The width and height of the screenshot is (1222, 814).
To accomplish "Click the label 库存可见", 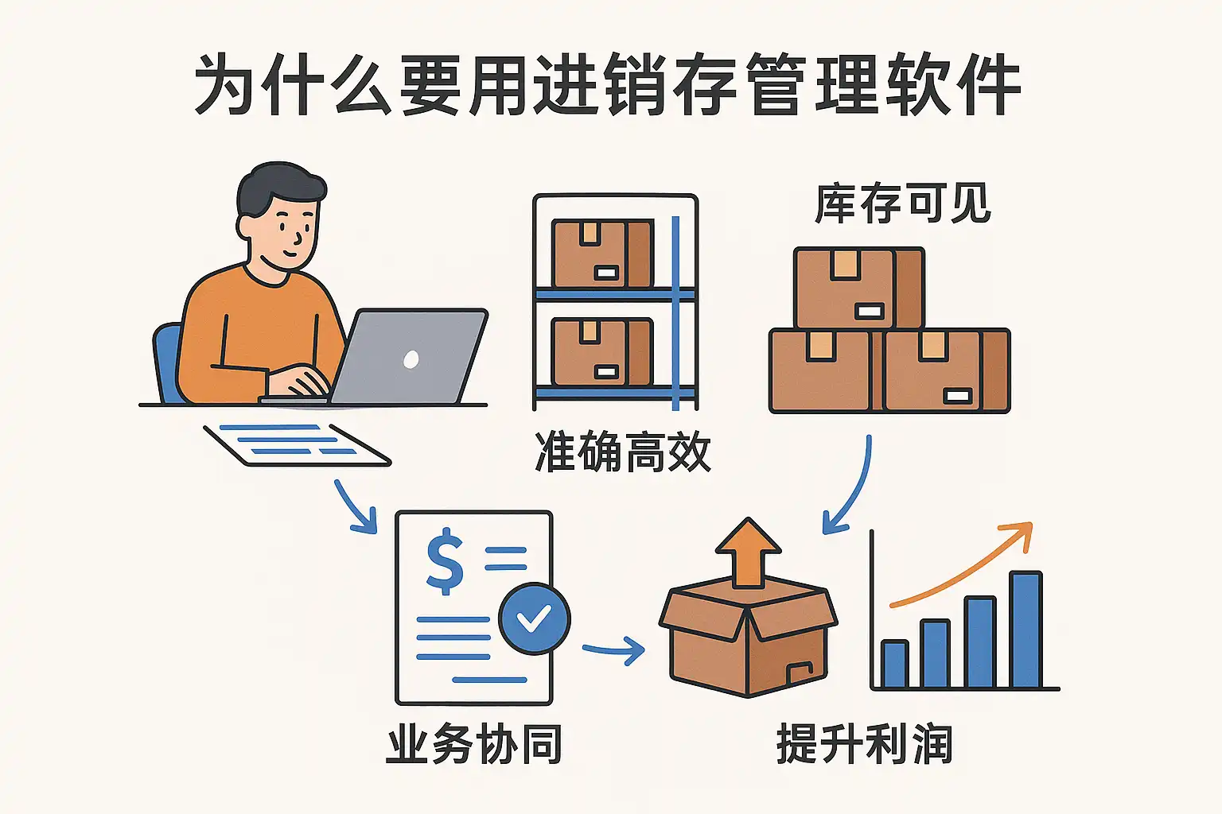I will click(x=903, y=203).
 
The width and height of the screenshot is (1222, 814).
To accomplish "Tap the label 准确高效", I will click(x=623, y=452).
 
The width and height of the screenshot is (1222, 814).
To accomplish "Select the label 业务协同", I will click(x=474, y=745).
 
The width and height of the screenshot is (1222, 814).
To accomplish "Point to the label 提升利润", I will click(x=864, y=745).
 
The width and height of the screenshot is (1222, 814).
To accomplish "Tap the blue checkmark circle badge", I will click(x=534, y=618).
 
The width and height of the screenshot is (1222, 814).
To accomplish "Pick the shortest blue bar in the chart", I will click(x=894, y=664).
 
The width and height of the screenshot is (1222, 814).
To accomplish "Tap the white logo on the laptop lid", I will click(x=411, y=359).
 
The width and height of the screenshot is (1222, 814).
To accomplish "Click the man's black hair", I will click(x=278, y=184).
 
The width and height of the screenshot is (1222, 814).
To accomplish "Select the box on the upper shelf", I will click(x=602, y=253).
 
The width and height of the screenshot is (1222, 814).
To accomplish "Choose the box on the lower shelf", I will click(x=602, y=352).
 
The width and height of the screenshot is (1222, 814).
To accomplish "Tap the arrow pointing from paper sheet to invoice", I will click(x=355, y=507).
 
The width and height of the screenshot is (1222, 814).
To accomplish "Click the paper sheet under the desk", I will click(x=296, y=444).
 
